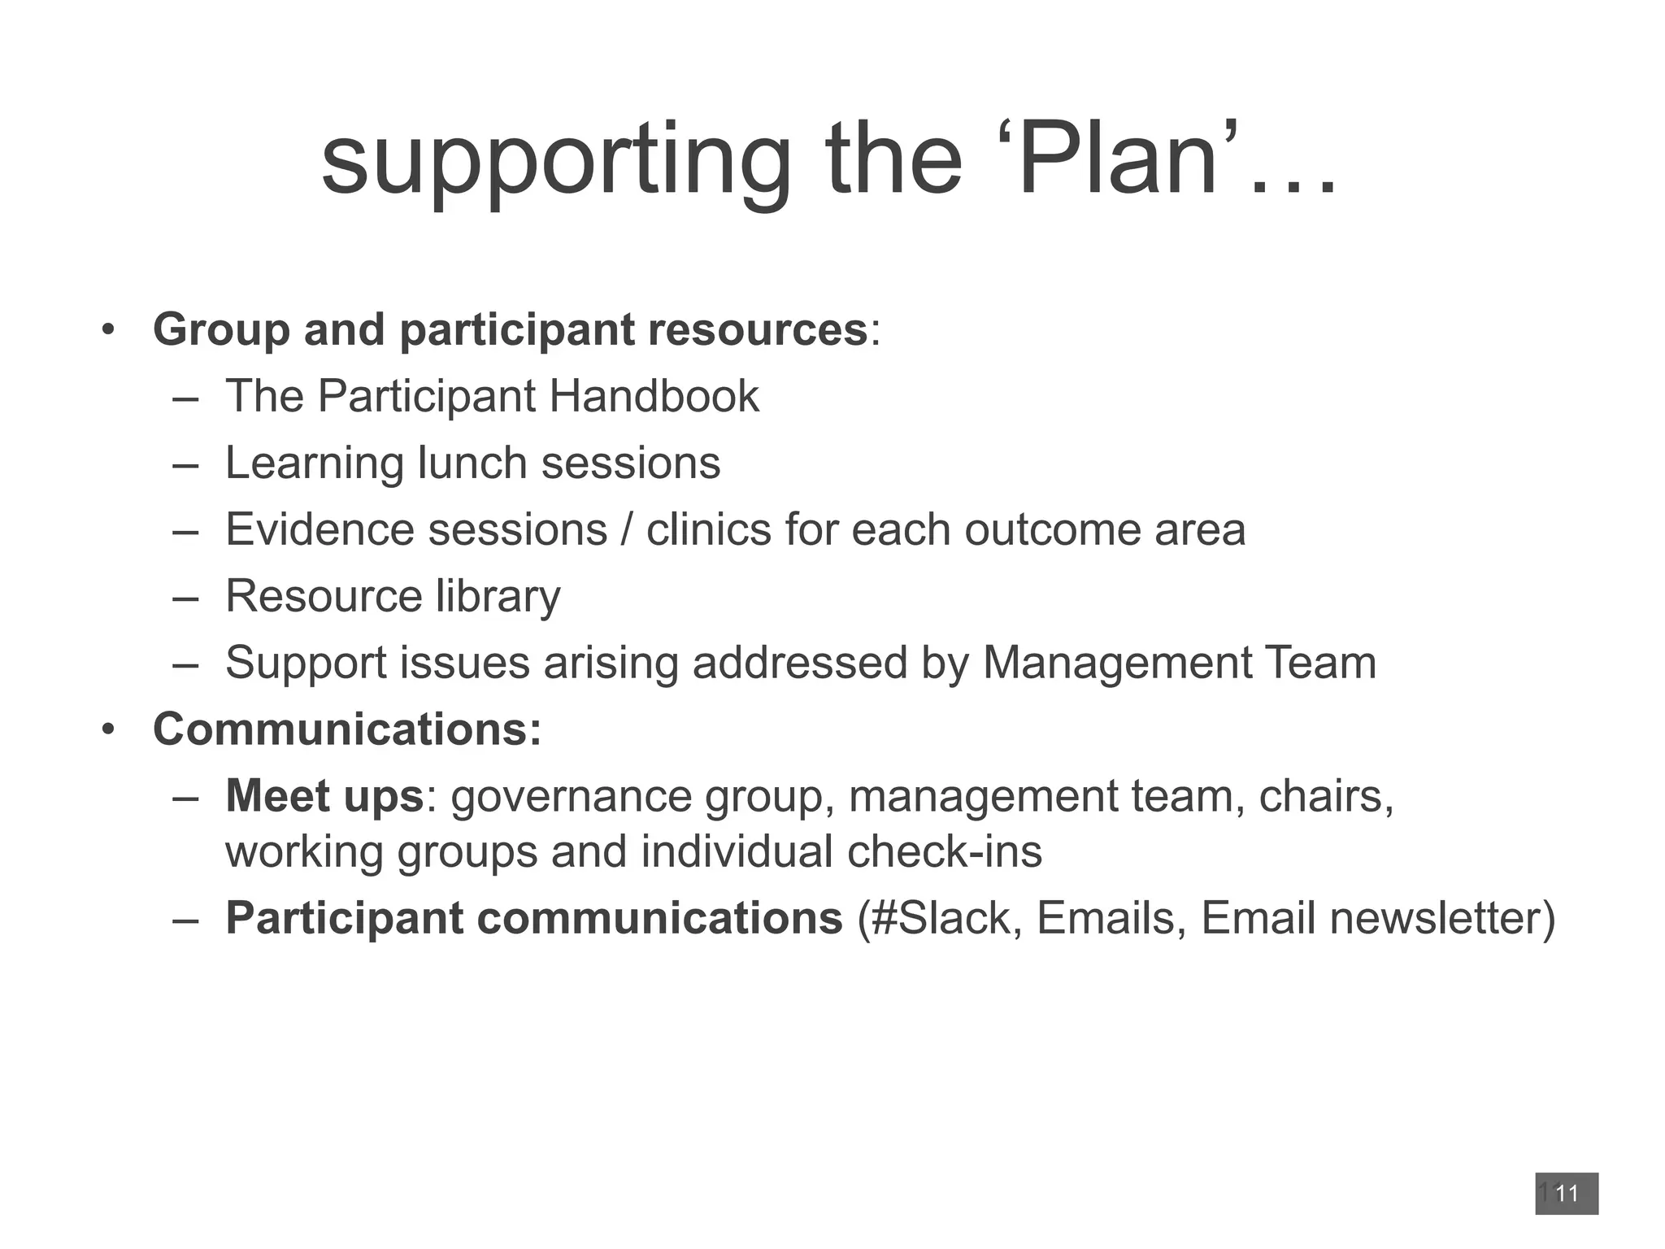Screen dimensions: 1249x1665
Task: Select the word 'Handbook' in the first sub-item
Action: (x=654, y=397)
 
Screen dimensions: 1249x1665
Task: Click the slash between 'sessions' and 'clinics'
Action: (x=626, y=530)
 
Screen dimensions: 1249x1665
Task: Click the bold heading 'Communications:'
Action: (x=347, y=729)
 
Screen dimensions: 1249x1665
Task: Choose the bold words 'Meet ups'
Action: (x=324, y=796)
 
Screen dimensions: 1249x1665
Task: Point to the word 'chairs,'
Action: (x=1326, y=796)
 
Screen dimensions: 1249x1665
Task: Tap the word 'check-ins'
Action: (x=944, y=852)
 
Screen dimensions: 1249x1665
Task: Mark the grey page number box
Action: (x=1566, y=1194)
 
